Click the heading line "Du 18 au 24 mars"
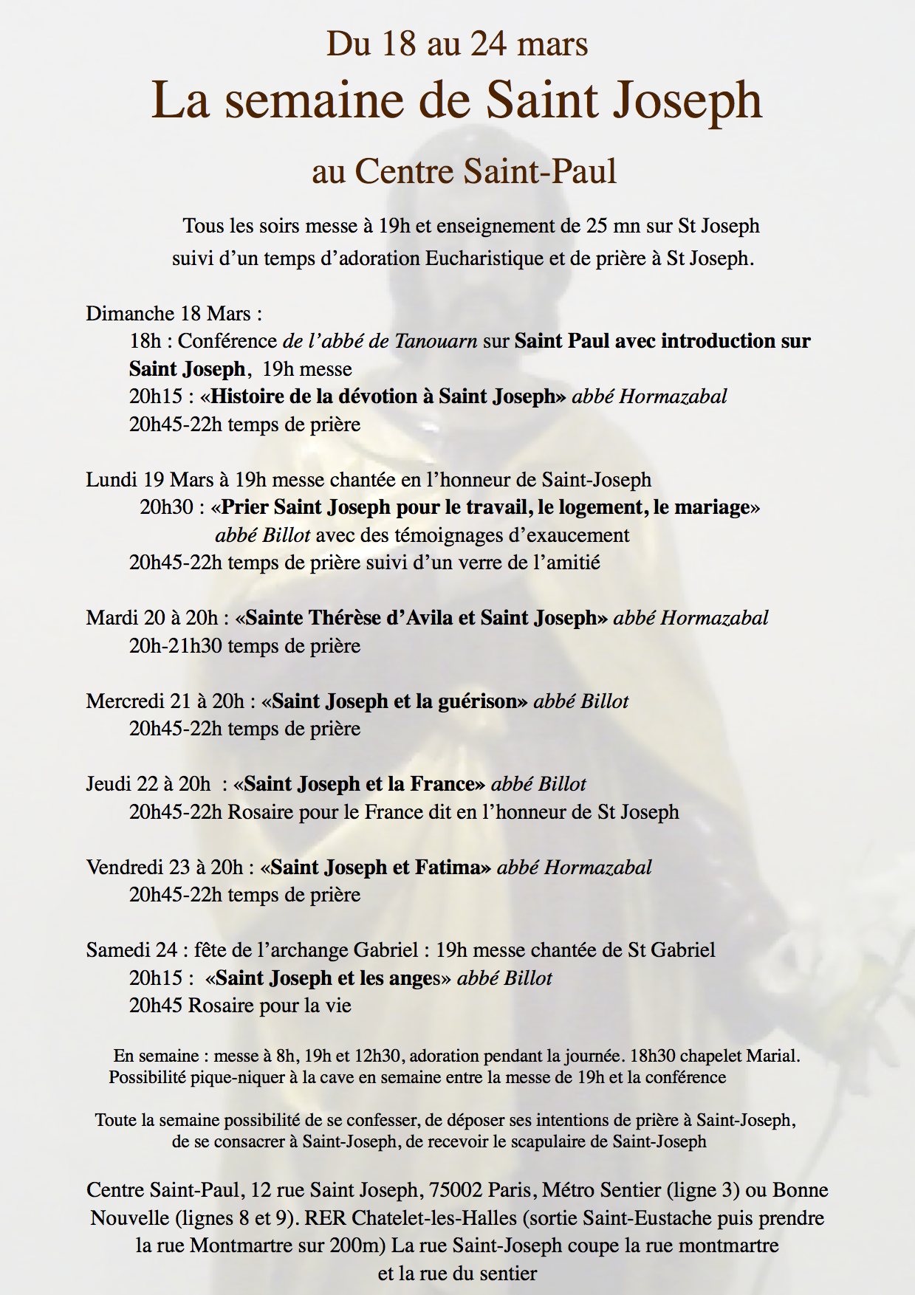point(457,44)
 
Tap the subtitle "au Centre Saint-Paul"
point(464,171)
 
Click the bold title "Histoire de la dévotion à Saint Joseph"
point(383,396)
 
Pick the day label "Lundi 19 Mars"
point(149,480)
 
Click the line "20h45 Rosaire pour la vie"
point(240,1006)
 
